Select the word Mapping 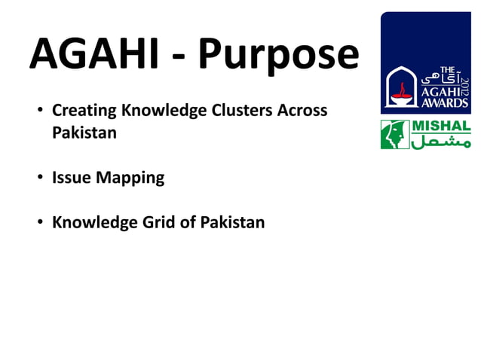[x=129, y=178]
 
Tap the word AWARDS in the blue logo [x=444, y=102]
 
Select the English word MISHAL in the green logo [x=441, y=126]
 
